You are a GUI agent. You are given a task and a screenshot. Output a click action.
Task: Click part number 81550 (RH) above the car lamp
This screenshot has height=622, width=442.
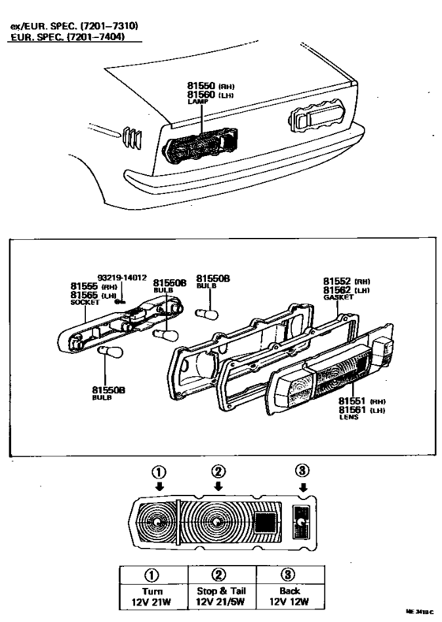pos(201,84)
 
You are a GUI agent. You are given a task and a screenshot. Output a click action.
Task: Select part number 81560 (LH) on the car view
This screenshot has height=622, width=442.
pos(201,94)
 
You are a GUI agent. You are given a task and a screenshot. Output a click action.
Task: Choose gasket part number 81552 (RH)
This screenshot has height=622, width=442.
pos(339,281)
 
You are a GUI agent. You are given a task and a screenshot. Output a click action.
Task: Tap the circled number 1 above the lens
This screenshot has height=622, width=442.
pos(159,473)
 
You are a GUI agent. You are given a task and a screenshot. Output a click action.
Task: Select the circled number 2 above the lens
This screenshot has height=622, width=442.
pos(219,473)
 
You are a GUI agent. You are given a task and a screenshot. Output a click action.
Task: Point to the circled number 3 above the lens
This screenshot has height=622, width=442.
pos(302,471)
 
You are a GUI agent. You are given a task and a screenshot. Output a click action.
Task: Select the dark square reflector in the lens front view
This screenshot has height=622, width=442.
pos(265,523)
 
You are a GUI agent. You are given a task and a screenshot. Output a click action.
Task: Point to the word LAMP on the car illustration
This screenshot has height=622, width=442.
pos(196,102)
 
